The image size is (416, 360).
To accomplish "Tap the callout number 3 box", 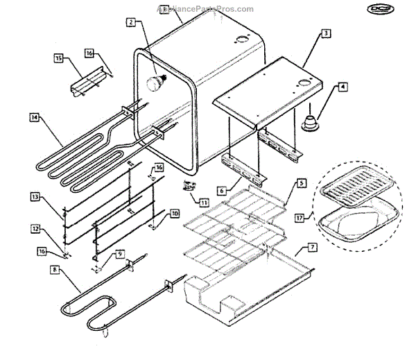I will click(326, 33).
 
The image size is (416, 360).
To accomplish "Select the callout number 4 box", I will click(342, 87).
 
